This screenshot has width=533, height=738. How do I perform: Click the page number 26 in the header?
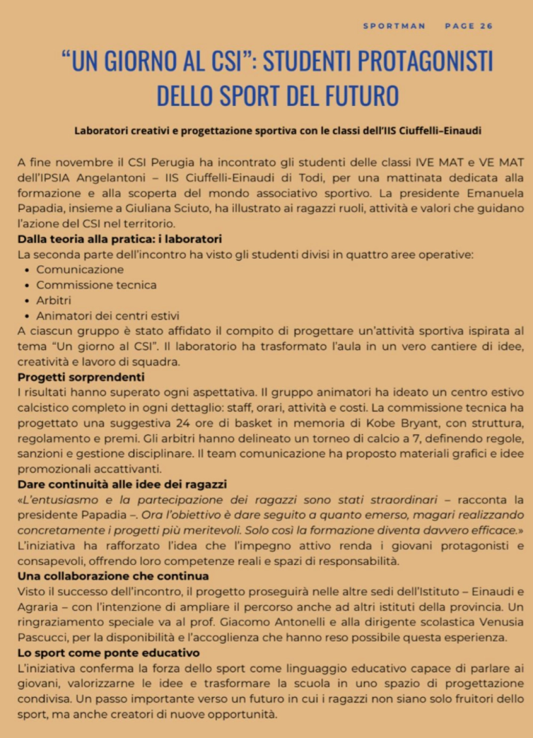point(486,26)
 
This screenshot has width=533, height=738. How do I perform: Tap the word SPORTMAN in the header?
point(394,26)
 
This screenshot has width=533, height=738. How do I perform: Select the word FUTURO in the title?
point(362,96)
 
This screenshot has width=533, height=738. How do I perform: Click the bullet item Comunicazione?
point(80,270)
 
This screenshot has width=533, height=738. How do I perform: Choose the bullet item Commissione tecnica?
point(96,285)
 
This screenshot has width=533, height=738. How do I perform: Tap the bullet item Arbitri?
point(53,301)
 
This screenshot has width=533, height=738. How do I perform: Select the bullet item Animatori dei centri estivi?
point(108,316)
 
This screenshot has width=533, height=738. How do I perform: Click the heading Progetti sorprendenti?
point(81,377)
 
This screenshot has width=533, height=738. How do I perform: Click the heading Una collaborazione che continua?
point(113,576)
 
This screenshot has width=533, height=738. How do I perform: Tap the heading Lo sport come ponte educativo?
point(108,653)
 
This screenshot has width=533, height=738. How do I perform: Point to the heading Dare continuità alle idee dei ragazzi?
point(122,484)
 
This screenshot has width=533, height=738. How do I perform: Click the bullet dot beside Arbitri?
point(27,301)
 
